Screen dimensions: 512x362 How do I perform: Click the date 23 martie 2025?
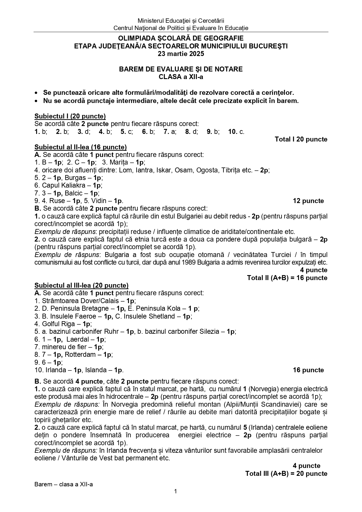(181, 54)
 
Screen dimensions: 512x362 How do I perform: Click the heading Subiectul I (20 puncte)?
(70, 116)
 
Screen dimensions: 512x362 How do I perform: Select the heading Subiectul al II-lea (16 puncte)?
(81, 147)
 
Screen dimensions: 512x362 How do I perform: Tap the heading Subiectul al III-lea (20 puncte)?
(81, 285)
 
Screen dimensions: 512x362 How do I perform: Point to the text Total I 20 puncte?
(301, 139)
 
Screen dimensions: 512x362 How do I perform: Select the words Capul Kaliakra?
(66, 185)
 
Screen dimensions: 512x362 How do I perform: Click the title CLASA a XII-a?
(181, 77)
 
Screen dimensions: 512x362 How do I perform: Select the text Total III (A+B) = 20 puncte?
(286, 473)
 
